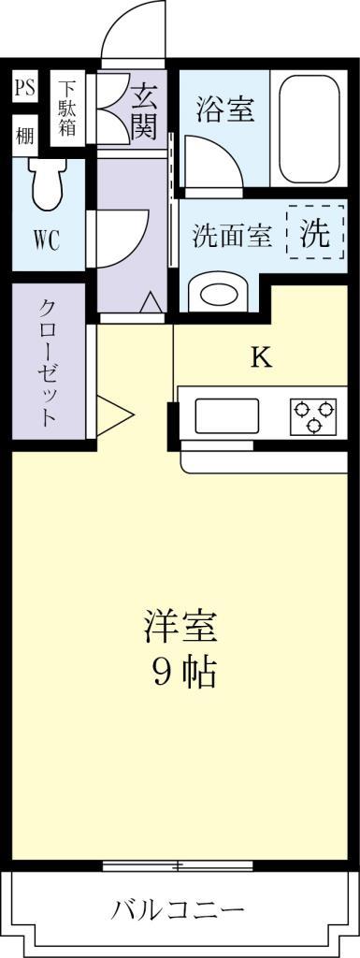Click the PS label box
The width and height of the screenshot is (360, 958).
coord(24,90)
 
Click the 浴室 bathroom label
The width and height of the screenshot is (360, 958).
coord(224,109)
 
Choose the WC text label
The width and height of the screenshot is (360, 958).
coord(47,239)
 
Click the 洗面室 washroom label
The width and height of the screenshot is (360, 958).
coord(232,236)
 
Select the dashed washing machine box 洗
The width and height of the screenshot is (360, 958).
coord(314,233)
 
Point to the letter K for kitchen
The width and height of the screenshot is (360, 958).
coord(261,357)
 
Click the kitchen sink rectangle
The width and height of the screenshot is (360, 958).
coord(226,415)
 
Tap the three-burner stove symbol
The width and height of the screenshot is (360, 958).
coord(313,415)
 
